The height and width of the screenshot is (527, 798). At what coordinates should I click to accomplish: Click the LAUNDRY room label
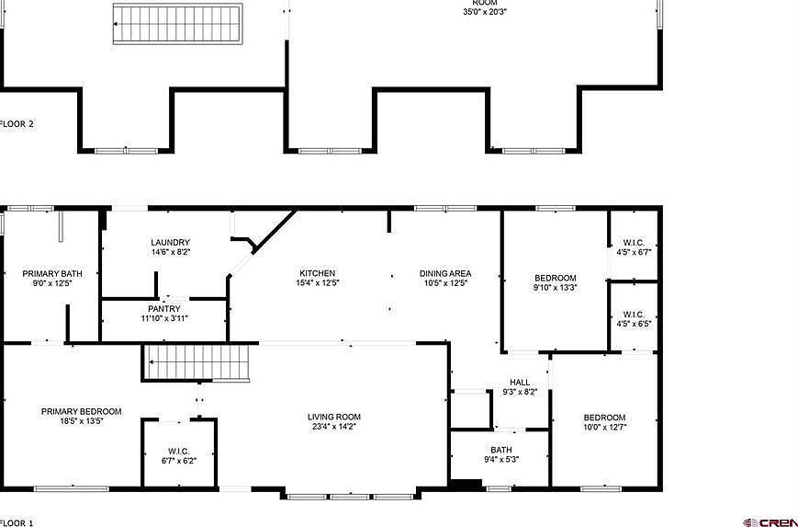coord(171,243)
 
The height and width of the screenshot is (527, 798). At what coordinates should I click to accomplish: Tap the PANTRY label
coord(163,309)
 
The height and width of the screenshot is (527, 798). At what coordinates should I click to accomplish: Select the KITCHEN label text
coord(317,273)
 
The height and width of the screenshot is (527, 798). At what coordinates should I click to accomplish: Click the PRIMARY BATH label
coord(46,273)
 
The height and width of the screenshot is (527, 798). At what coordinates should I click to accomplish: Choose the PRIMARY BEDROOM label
coord(81,412)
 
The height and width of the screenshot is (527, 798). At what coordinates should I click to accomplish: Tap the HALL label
coord(520,383)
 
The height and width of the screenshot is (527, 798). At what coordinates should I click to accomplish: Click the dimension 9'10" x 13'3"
coord(556,288)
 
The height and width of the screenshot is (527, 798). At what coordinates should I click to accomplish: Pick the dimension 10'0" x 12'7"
coord(604,427)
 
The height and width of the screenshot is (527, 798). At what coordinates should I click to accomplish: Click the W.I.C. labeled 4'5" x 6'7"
coord(634,246)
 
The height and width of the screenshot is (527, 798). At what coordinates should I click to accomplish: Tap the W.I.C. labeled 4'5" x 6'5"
coord(634,318)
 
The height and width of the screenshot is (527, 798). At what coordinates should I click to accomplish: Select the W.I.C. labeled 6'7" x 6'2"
coord(178,455)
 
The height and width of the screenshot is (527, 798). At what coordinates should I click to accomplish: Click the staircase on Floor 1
coord(197,361)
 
